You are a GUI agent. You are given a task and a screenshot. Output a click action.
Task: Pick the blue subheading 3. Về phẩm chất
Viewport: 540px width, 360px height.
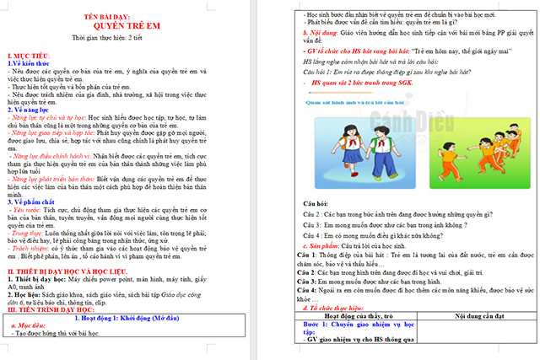tap(35, 201)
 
